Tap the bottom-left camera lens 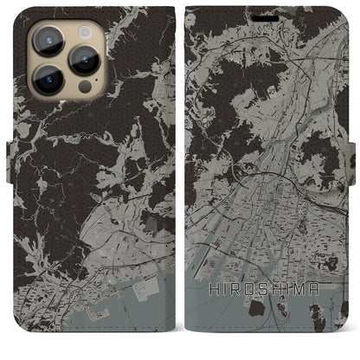pos(48,77)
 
